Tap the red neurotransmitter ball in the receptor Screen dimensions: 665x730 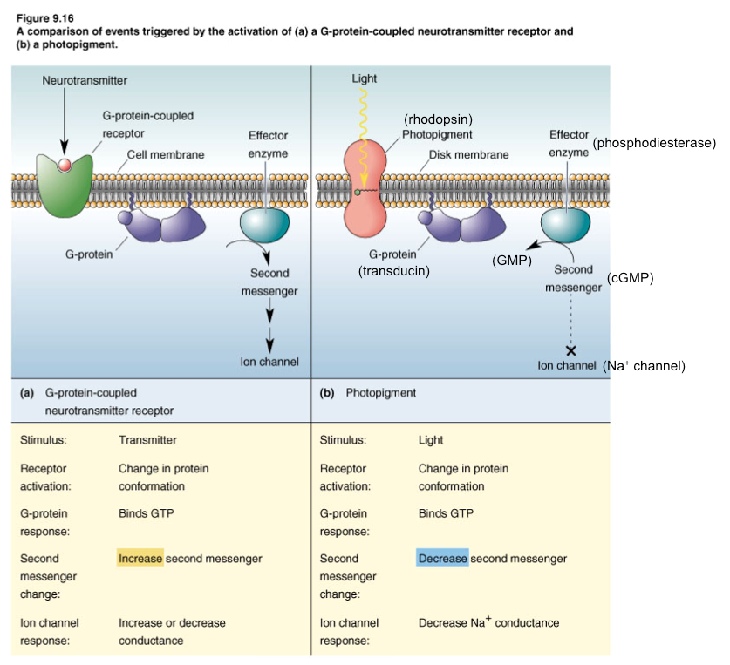tap(64, 163)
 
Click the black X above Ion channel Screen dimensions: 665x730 tap(570, 349)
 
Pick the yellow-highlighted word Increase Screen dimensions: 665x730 tap(140, 558)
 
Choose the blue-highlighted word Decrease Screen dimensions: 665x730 tap(442, 558)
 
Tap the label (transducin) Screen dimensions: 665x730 tap(396, 271)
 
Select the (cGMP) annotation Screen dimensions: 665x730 tap(630, 278)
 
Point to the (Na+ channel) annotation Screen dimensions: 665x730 tap(644, 366)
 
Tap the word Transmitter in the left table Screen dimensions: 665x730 tap(147, 440)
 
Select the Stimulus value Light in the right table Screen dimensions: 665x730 tap(430, 440)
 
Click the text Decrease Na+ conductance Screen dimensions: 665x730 tap(488, 622)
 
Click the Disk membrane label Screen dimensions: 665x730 tap(468, 155)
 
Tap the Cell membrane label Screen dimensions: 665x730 tap(166, 154)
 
